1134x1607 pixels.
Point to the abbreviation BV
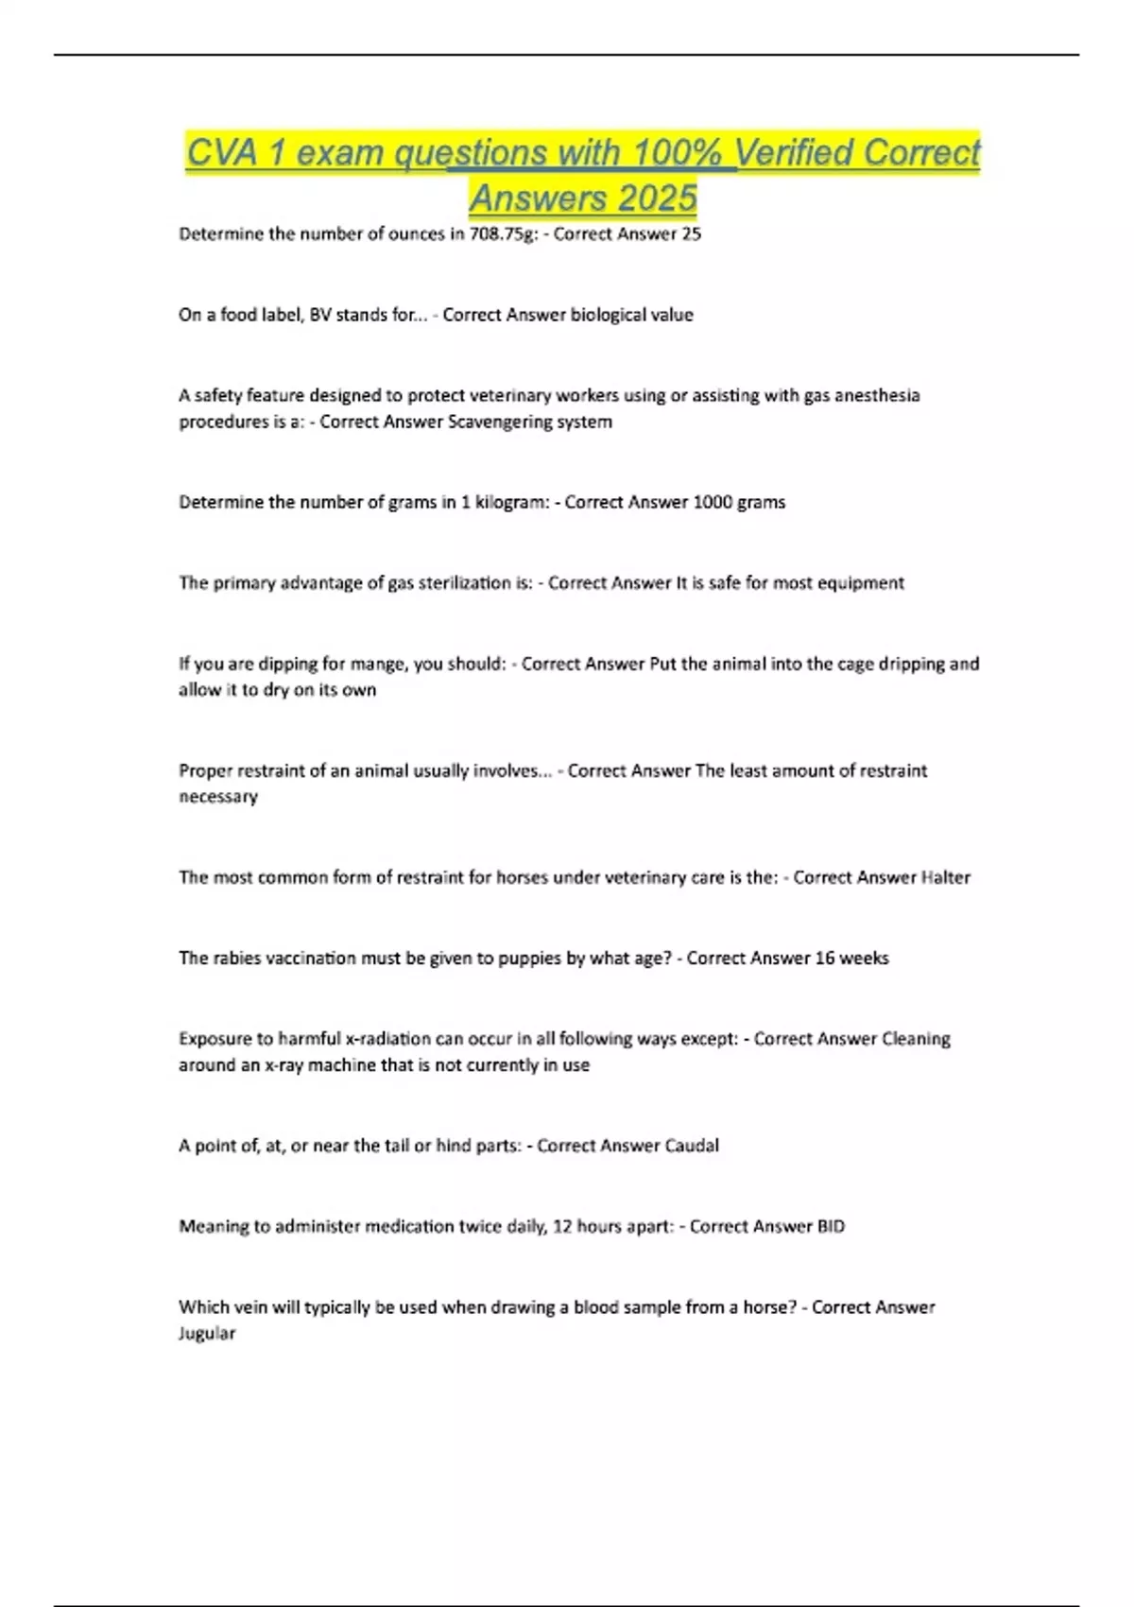[321, 315]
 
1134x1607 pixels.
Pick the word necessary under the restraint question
[218, 797]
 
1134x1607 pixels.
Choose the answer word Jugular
[207, 1334]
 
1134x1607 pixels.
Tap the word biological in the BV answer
[610, 315]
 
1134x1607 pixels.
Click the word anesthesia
[876, 395]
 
